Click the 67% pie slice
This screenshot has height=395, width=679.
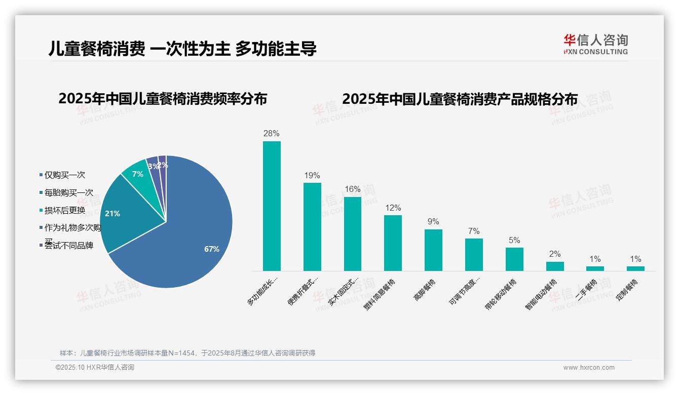(193, 238)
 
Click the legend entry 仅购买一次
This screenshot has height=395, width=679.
(64, 175)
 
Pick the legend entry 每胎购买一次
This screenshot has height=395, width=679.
(68, 193)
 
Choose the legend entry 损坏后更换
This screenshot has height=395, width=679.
(64, 211)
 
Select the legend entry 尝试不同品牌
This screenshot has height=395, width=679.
(68, 246)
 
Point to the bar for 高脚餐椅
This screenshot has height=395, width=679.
(433, 250)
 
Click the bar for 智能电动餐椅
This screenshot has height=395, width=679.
(555, 266)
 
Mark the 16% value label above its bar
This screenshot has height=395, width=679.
(352, 189)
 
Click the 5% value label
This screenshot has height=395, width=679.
(514, 241)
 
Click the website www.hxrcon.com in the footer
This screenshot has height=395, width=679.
(588, 368)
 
